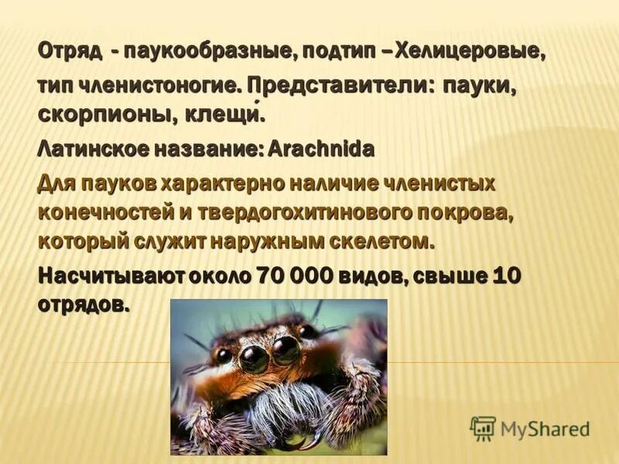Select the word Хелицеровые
click(x=470, y=52)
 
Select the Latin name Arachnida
click(x=320, y=148)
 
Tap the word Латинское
click(x=92, y=148)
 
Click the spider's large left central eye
click(x=253, y=357)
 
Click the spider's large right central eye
click(x=286, y=350)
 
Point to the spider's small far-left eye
click(x=224, y=355)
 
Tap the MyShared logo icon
click(x=483, y=428)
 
